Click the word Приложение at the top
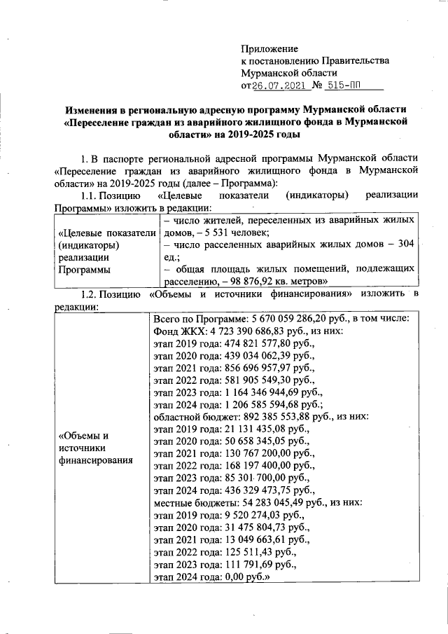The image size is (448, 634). tap(269, 49)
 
